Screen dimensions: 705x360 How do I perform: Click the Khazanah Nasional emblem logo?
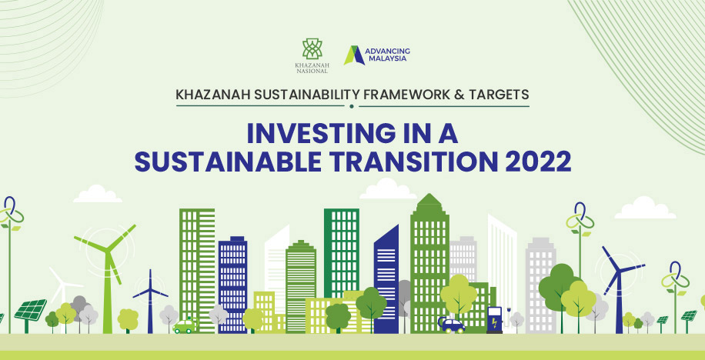[x=312, y=49]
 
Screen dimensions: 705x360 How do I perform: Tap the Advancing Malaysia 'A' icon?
[x=354, y=55]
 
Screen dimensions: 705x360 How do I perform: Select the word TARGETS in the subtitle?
[x=502, y=95]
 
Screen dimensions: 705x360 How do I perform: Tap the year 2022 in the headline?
[x=538, y=162]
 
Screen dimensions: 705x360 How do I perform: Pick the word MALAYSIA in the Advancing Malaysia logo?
[x=387, y=58]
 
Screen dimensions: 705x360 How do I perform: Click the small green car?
[x=185, y=326]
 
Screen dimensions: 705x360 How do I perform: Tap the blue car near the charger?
[x=452, y=325]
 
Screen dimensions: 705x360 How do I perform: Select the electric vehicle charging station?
[x=495, y=319]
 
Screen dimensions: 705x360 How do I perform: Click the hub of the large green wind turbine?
[x=108, y=250]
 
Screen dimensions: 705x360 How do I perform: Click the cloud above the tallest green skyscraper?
[x=388, y=188]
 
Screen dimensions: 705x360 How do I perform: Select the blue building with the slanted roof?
[x=386, y=278]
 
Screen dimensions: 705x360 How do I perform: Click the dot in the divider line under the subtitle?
[x=352, y=106]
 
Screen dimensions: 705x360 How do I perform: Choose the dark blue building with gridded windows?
[x=233, y=285]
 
